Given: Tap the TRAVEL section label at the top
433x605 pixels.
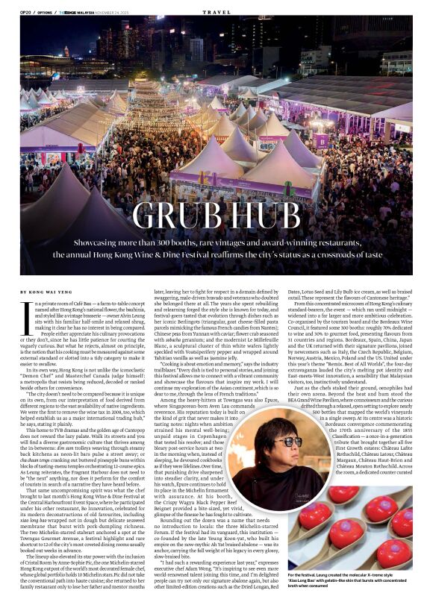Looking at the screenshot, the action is [x=216, y=11].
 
